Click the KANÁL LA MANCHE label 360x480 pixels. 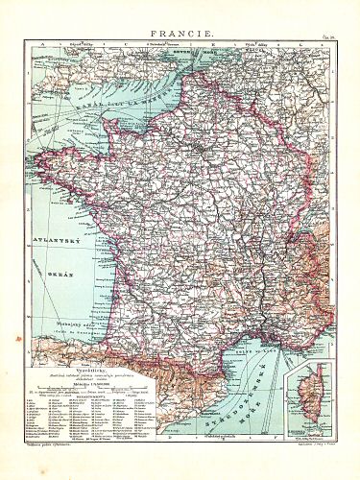click(x=91, y=107)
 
